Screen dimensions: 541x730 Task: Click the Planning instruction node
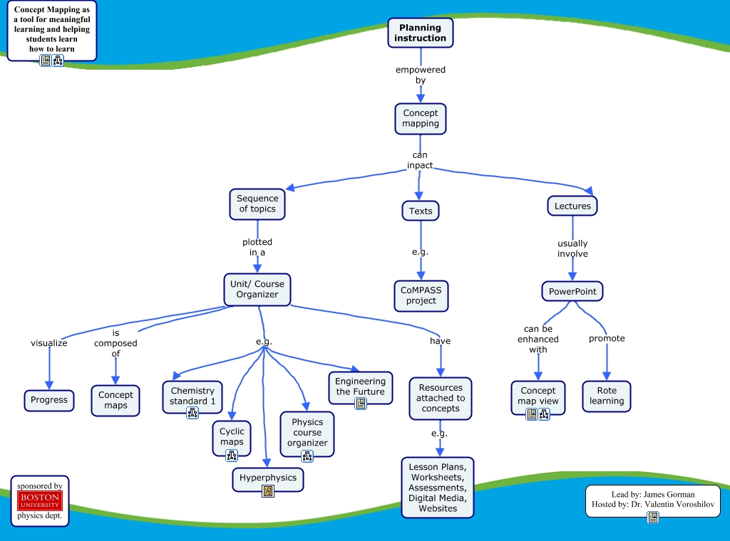pos(421,33)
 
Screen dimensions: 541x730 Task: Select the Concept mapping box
pos(421,118)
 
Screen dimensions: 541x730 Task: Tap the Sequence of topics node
pos(257,204)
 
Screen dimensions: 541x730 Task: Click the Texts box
pos(421,211)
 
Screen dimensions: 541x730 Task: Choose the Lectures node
pos(572,206)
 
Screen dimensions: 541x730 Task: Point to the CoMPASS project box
pos(421,295)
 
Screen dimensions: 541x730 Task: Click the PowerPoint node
pos(572,291)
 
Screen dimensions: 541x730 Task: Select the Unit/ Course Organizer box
pos(257,289)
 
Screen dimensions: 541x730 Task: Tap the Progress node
pos(49,400)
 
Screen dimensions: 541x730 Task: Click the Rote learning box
pos(607,396)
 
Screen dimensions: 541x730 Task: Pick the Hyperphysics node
pos(268,478)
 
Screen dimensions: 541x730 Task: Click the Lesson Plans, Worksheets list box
pos(438,488)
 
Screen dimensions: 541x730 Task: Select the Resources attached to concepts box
pos(441,399)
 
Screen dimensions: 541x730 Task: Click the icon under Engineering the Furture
pos(361,404)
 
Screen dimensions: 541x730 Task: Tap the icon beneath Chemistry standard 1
pos(192,413)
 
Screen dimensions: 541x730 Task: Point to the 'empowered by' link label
pos(421,75)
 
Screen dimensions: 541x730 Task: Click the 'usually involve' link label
pos(572,248)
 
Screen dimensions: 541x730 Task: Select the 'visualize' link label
pos(49,343)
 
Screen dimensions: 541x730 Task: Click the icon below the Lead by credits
pos(652,518)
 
